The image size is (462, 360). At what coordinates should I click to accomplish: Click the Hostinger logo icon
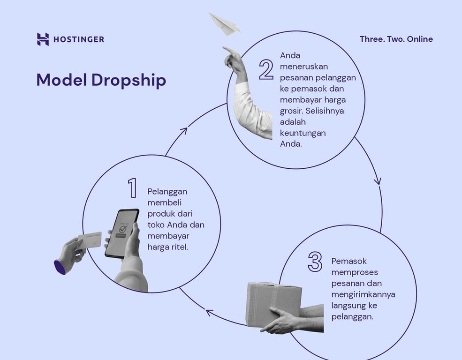click(43, 39)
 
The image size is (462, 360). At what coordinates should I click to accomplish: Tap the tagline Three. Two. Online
click(396, 39)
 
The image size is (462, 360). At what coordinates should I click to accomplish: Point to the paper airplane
click(224, 24)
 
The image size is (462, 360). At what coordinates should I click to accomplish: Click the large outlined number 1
click(133, 188)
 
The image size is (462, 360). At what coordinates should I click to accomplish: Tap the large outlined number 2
click(266, 69)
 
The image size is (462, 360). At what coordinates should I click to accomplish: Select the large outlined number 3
click(315, 262)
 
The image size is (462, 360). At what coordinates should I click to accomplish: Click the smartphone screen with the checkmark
click(121, 232)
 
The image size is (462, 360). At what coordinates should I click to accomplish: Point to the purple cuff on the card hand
click(60, 267)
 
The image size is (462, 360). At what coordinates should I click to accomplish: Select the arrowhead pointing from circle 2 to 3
click(378, 181)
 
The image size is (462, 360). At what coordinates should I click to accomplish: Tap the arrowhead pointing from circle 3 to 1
click(209, 312)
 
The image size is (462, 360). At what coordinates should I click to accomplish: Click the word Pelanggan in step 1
click(167, 192)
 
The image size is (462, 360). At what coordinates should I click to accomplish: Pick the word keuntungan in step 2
click(303, 133)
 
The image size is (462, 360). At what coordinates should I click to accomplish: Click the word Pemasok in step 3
click(348, 261)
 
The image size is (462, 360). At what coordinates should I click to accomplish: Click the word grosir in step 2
click(290, 111)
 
